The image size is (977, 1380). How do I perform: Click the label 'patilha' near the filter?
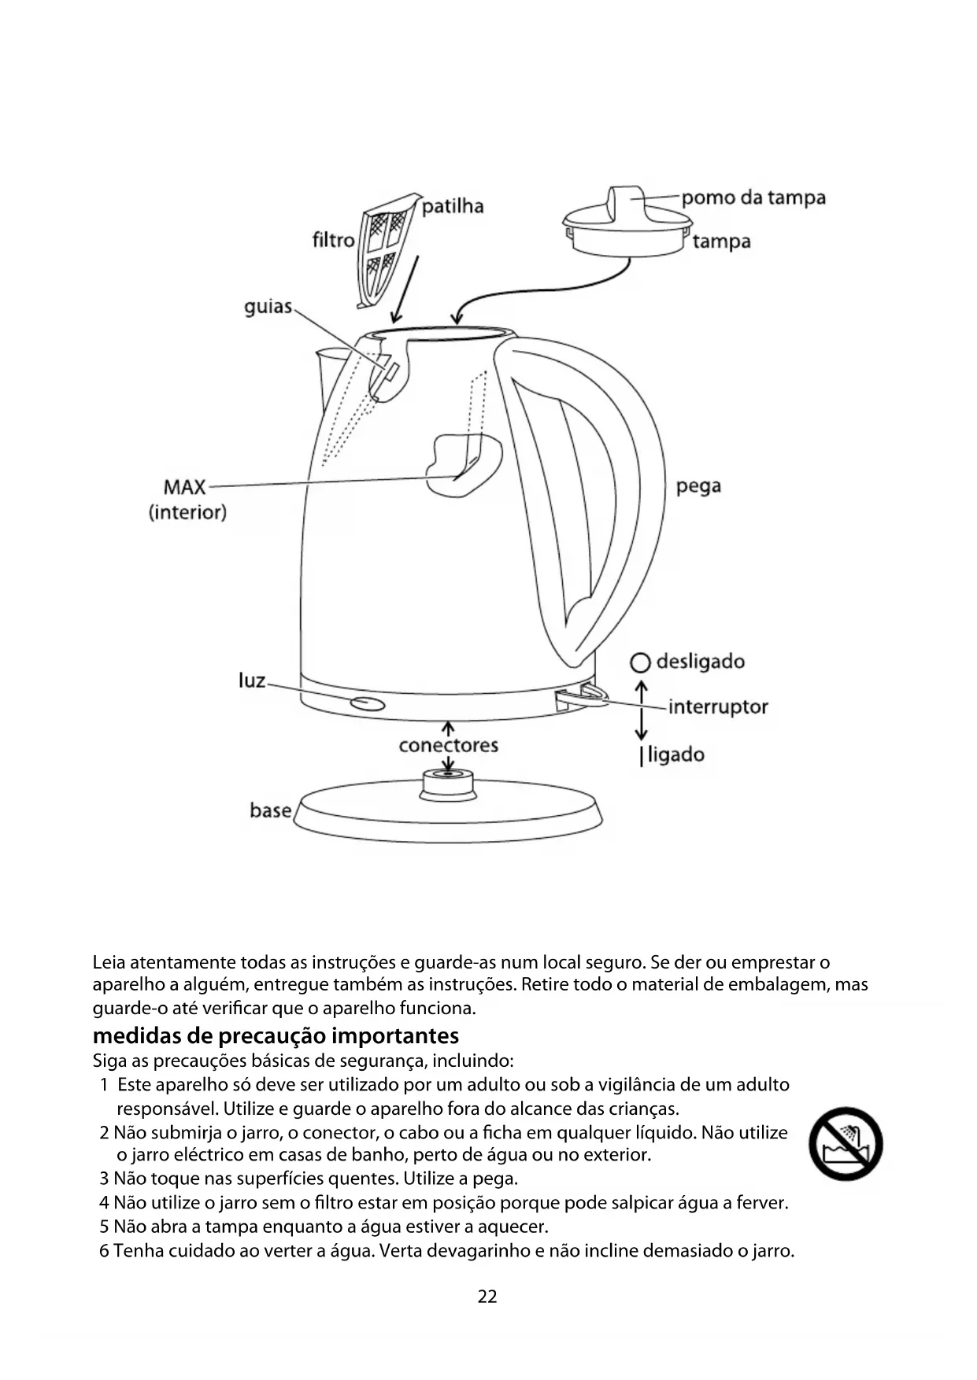453,207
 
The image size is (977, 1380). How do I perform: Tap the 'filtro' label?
333,239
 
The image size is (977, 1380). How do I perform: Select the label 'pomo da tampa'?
753,197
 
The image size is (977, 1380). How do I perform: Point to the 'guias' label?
268,307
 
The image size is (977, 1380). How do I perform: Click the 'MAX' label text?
184,487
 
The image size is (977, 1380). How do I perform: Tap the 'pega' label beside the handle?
698,486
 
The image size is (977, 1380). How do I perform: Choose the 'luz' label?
252,681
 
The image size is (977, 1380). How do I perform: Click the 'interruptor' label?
717,707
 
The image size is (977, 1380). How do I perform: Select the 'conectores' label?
448,745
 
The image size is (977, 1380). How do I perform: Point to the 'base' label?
270,810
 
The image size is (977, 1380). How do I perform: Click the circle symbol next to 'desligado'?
641,662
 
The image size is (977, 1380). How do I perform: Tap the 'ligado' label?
675,755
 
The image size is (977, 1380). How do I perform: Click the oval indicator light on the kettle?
368,703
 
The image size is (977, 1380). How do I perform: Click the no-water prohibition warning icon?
846,1144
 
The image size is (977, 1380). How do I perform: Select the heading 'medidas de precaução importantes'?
276,1035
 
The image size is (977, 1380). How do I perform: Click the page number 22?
487,1297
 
